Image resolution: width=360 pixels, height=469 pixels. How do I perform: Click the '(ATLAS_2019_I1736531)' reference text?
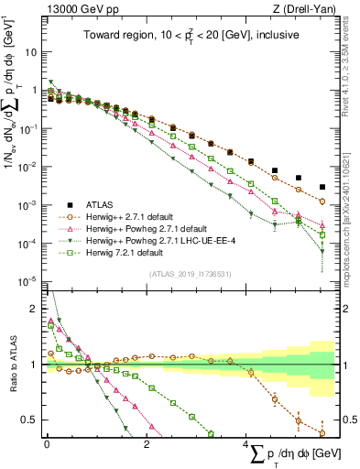coord(191,274)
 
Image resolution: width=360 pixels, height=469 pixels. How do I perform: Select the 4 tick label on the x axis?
coord(246,445)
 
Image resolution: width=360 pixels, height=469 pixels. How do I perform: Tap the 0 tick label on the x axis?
coord(47,445)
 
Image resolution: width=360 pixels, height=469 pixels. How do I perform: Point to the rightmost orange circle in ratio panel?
coord(322,432)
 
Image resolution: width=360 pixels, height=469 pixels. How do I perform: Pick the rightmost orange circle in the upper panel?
coord(322,201)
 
